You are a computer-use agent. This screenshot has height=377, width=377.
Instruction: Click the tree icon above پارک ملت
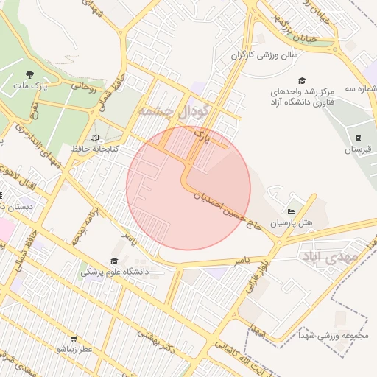click(x=29, y=74)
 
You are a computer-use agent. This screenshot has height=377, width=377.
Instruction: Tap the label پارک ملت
click(x=29, y=86)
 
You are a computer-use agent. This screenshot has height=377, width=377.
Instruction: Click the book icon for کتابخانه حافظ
click(x=94, y=138)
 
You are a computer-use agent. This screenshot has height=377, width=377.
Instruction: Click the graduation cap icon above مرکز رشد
click(x=301, y=80)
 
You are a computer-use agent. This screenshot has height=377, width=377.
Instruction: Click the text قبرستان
click(x=358, y=150)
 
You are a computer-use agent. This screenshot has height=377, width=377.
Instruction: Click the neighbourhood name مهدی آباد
click(x=328, y=256)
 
